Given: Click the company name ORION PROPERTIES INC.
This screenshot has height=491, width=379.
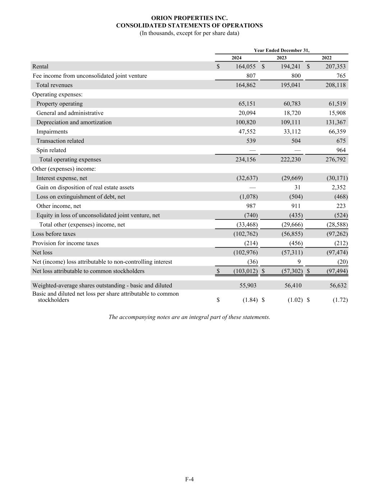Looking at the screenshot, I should tap(189, 18).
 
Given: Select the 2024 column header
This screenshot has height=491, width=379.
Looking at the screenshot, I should tap(236, 58).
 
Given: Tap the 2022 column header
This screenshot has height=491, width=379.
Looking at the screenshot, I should tap(326, 58).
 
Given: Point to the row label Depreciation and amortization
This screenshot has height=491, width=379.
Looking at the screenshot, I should tap(74, 122).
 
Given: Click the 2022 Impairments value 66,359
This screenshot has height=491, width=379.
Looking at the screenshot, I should tap(336, 132).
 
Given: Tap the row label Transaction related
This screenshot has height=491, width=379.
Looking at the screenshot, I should tap(60, 141).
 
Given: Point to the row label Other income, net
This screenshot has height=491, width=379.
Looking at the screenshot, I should tap(59, 206).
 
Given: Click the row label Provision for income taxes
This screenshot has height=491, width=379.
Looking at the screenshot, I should tap(65, 243).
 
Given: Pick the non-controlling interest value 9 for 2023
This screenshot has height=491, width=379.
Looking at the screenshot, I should tap(299, 262).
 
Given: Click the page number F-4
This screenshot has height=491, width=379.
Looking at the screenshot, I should tap(189, 479).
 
